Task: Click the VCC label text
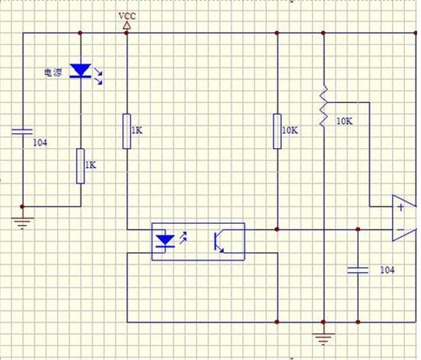tap(127, 16)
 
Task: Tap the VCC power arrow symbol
tap(127, 26)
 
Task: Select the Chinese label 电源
tap(53, 72)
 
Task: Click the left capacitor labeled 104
tap(22, 132)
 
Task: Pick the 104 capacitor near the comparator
tap(358, 270)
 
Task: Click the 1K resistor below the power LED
tap(81, 166)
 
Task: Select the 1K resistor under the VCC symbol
tap(127, 131)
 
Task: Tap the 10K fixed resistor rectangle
tap(277, 131)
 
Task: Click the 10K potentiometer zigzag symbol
tap(323, 107)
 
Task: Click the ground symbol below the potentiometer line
tap(323, 339)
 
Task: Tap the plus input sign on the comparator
tap(401, 207)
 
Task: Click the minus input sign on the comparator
tap(400, 230)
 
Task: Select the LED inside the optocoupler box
tap(165, 241)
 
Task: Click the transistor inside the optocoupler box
tap(219, 241)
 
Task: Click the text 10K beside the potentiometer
tap(344, 122)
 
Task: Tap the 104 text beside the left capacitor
tap(40, 143)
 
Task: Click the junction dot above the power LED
tap(80, 33)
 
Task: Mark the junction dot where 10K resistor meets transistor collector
tap(277, 229)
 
